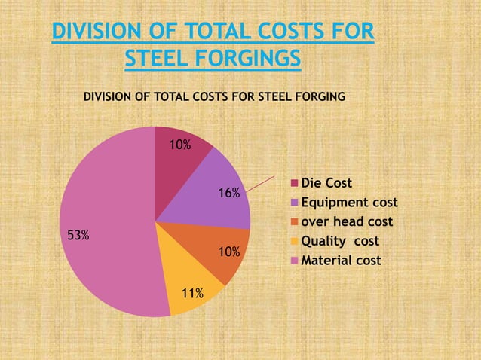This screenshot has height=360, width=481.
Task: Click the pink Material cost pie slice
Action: click(106, 226)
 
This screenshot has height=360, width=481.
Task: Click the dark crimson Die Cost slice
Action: click(181, 162)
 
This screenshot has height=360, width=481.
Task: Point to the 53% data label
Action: click(78, 236)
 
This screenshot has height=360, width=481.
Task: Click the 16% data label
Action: click(229, 193)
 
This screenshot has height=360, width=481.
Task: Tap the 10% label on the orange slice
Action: click(229, 251)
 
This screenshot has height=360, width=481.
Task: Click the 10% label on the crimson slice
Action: click(179, 145)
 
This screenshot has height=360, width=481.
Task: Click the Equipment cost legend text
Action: click(349, 203)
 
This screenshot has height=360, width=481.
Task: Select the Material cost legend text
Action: click(341, 261)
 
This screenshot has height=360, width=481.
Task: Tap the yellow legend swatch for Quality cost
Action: click(295, 242)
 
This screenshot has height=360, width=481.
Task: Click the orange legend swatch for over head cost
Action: click(295, 222)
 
